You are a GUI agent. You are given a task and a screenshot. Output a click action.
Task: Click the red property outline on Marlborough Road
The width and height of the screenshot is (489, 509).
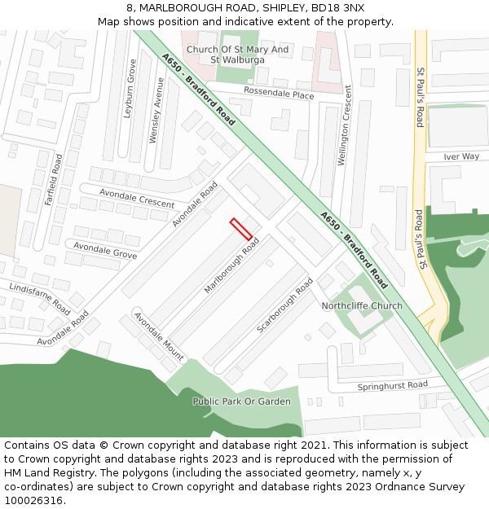pyautogui.click(x=240, y=228)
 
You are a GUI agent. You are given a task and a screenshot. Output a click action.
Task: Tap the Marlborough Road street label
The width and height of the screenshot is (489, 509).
pyautogui.click(x=231, y=266)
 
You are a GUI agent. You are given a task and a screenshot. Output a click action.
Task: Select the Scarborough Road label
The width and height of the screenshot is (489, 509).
pyautogui.click(x=284, y=305)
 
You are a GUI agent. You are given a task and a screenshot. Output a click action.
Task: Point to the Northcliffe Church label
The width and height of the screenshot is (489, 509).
pyautogui.click(x=362, y=306)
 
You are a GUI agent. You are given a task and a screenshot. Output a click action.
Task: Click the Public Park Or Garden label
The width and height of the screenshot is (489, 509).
pyautogui.click(x=241, y=401)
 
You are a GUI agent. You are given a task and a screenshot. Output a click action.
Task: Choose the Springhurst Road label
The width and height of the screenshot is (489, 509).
pyautogui.click(x=392, y=384)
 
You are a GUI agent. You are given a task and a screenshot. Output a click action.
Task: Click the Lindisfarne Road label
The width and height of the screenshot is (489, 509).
pyautogui.click(x=39, y=298)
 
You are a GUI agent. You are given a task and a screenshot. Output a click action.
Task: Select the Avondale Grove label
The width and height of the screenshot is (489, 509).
pyautogui.click(x=105, y=250)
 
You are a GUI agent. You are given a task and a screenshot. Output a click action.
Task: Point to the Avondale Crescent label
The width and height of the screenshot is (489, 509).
pyautogui.click(x=137, y=198)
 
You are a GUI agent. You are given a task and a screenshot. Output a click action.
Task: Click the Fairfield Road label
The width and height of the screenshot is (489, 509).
pyautogui.click(x=54, y=178)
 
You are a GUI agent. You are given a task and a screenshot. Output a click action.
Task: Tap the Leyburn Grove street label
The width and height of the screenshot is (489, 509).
pyautogui.click(x=130, y=89)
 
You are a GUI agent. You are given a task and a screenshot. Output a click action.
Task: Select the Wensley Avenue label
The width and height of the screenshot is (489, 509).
pyautogui.click(x=155, y=110)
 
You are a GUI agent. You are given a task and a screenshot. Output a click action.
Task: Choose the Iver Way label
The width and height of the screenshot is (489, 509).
pyautogui.click(x=461, y=156)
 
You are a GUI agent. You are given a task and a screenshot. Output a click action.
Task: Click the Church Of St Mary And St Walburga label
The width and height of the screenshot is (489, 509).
pyautogui.click(x=237, y=55)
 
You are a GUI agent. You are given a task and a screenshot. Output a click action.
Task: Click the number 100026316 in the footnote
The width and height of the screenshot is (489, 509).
pyautogui.click(x=33, y=501)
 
